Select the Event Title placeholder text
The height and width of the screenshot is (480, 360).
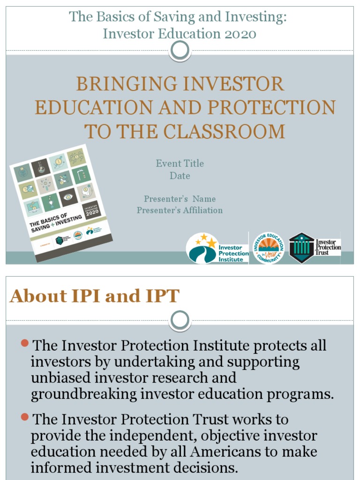(180, 164)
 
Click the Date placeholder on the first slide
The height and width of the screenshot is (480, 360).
(180, 176)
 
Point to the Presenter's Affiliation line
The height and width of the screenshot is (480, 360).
(180, 210)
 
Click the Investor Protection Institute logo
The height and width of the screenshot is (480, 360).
(217, 248)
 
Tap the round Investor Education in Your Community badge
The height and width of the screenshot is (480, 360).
(269, 248)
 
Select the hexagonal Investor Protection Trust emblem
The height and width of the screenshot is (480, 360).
(301, 248)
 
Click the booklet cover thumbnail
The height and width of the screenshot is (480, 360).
(61, 202)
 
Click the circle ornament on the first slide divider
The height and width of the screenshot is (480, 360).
(180, 51)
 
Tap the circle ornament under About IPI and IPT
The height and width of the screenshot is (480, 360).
(180, 321)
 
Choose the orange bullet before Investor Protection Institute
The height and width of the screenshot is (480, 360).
(25, 345)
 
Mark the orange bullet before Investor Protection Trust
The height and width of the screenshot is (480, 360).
(25, 417)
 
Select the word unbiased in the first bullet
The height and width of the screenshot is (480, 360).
(61, 378)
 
